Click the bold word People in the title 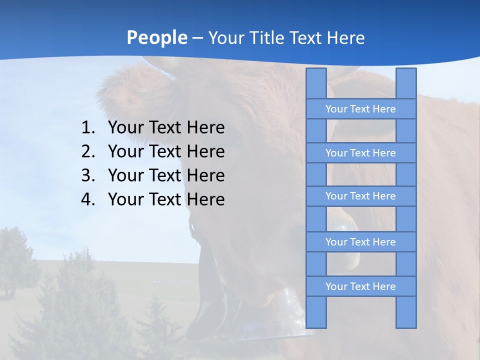[x=156, y=37]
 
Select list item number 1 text [x=166, y=128]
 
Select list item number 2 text [x=166, y=151]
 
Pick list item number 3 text [x=166, y=175]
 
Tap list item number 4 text [x=166, y=199]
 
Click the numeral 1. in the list [x=88, y=128]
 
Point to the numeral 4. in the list [x=88, y=199]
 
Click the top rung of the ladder [x=360, y=109]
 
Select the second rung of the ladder [x=360, y=153]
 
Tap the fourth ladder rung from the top [x=360, y=242]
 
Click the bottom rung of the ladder [x=360, y=286]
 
